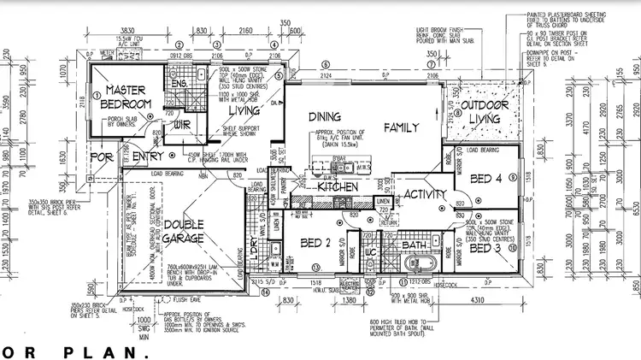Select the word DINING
325,116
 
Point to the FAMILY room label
401,127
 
